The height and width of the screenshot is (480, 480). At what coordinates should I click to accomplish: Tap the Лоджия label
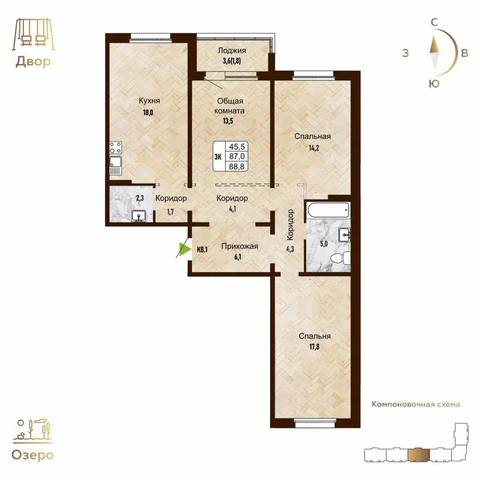click(232, 51)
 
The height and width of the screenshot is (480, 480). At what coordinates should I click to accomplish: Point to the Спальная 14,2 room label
click(312, 136)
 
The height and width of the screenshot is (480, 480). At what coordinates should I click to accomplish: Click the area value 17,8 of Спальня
click(315, 347)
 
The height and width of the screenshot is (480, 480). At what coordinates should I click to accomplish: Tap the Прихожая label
click(239, 246)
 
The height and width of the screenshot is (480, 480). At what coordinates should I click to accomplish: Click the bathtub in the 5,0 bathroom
click(327, 209)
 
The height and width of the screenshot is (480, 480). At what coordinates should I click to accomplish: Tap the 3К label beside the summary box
click(218, 157)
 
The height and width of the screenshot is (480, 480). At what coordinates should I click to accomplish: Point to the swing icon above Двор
click(32, 35)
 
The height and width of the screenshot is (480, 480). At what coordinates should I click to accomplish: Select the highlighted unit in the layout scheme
click(415, 455)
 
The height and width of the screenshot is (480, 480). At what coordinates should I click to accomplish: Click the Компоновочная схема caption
click(416, 404)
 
